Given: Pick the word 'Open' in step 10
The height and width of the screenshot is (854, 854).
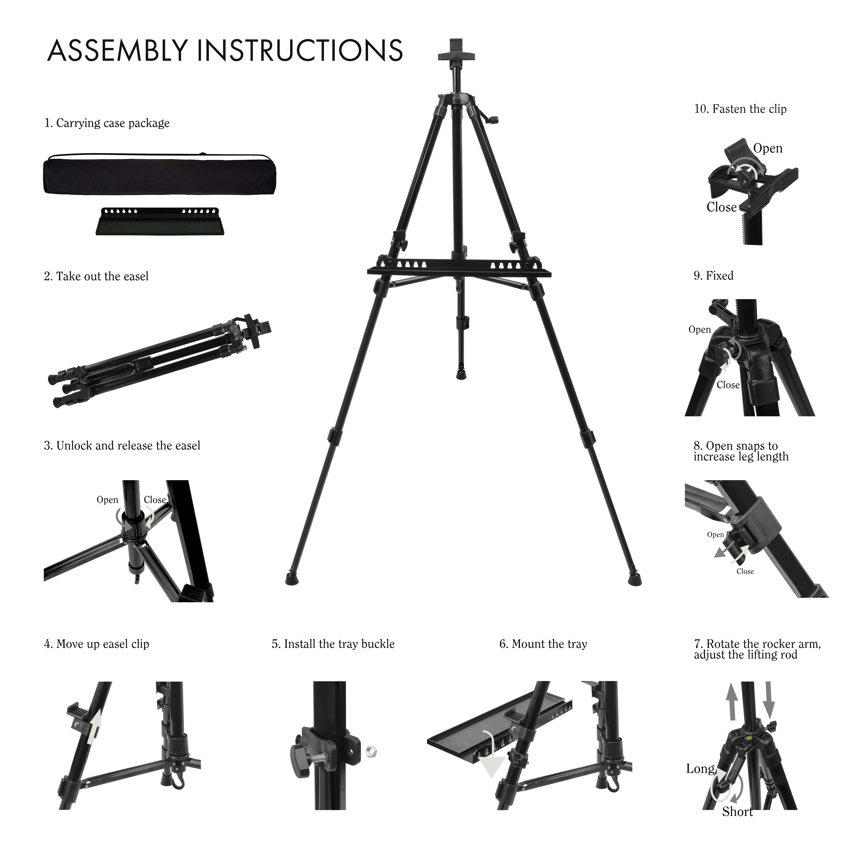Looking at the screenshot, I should click(768, 149).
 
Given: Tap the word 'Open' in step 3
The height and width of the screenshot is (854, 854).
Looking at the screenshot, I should click(107, 500).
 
